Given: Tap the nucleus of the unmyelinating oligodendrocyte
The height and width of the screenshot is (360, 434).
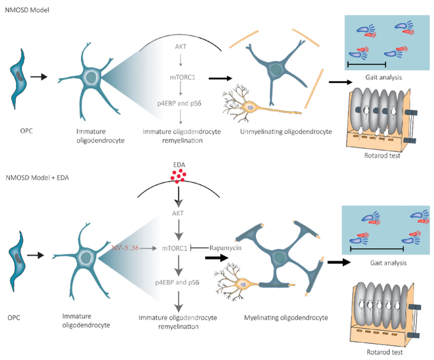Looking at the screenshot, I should click(x=275, y=70).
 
